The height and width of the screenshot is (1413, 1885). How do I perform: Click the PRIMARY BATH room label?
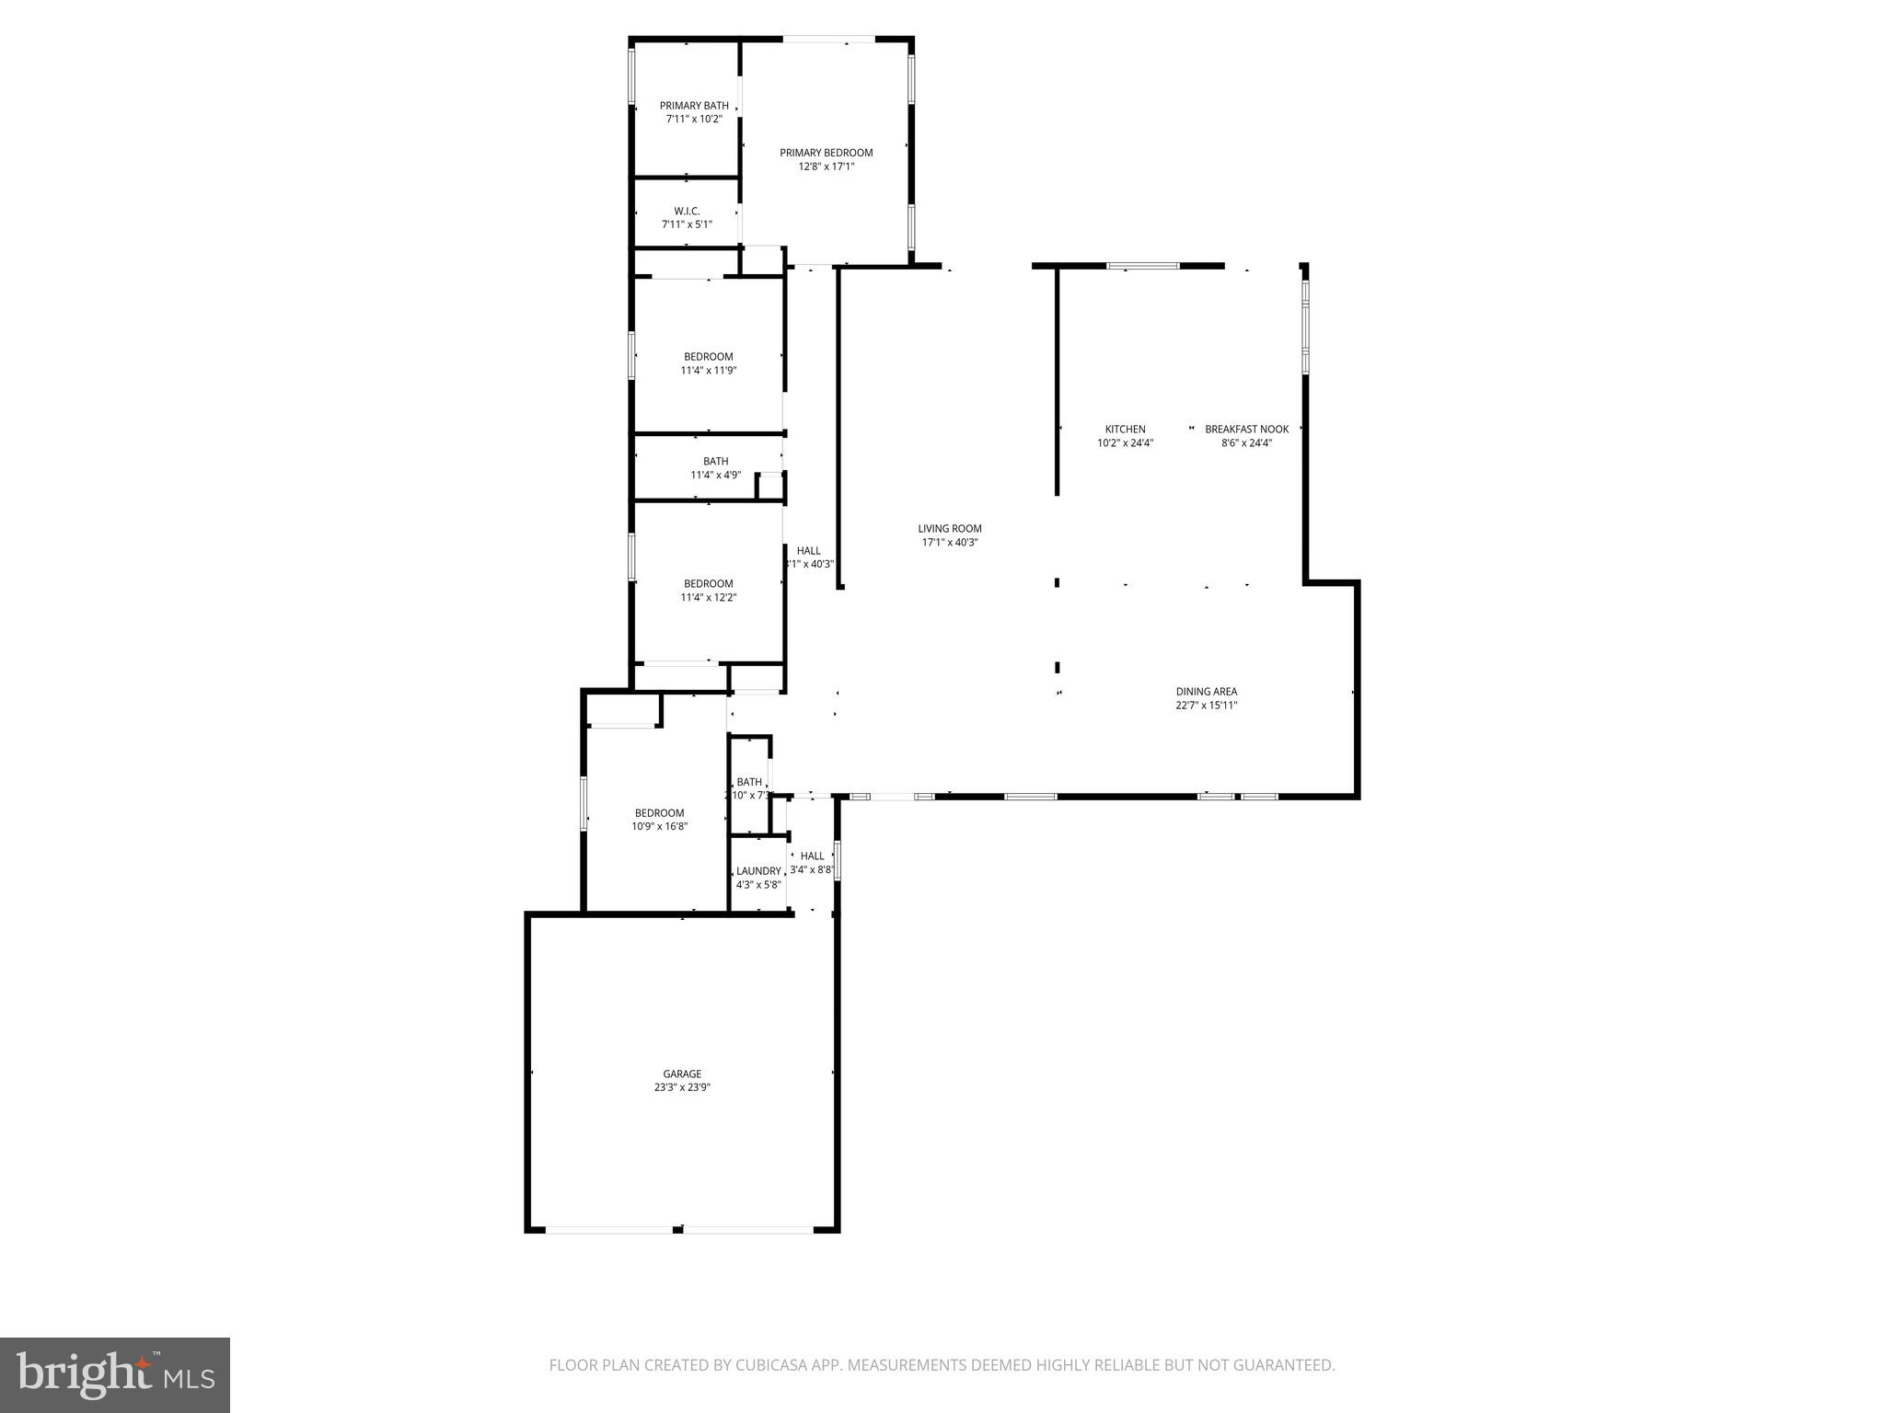point(694,106)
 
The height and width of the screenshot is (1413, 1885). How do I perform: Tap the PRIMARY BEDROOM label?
point(826,153)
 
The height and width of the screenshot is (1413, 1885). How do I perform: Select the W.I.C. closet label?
point(687,212)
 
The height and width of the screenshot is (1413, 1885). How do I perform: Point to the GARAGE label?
point(682,1074)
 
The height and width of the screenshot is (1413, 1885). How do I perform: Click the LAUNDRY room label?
point(758,871)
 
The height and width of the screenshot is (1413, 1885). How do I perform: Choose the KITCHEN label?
point(1125,429)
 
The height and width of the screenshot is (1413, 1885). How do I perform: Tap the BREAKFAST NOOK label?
point(1246,429)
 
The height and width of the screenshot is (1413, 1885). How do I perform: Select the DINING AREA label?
point(1206,692)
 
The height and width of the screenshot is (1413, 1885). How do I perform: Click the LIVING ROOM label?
point(949,528)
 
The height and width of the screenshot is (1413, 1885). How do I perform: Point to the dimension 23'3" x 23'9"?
point(682,1087)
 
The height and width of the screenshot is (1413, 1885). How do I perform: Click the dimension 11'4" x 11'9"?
point(708,371)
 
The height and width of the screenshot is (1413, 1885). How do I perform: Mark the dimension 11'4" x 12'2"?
point(708,597)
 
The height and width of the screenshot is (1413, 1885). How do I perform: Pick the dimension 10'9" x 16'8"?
point(659,826)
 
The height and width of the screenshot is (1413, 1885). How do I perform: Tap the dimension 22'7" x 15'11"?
point(1206,706)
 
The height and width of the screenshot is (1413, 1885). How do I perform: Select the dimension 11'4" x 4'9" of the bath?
point(715,475)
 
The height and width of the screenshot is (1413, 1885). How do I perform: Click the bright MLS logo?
point(115,1374)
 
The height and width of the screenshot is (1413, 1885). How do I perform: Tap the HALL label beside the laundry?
point(812,856)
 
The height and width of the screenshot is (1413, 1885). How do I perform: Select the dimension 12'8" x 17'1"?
point(826,167)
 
